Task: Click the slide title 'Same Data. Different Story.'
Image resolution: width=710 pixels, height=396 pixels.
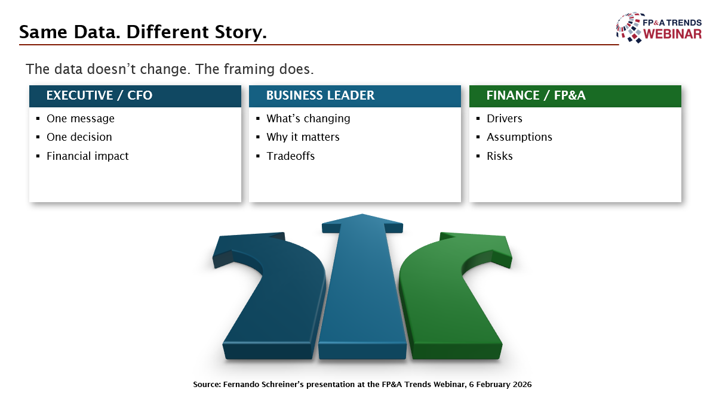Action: point(143,32)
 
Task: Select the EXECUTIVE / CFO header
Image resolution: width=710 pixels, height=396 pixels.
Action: point(99,95)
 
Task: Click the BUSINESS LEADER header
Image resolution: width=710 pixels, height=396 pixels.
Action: point(320,95)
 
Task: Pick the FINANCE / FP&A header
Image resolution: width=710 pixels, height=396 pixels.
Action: point(536,95)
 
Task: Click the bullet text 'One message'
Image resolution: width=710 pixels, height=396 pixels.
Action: point(80,119)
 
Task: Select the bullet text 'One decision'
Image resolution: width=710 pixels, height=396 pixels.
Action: point(79,137)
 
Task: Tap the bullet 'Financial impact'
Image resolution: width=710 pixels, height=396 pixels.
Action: point(87,156)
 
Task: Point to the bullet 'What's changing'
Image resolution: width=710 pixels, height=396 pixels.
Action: point(308,119)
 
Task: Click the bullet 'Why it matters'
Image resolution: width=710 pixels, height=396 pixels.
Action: point(303,137)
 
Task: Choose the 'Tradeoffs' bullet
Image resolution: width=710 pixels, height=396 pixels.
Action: point(290,156)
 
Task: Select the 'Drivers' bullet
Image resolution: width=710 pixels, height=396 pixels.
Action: point(504,119)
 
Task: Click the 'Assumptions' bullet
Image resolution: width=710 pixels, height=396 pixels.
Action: point(519,137)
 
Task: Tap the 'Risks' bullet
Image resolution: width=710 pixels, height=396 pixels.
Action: point(499,156)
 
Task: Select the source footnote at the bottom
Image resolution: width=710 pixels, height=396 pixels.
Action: point(362,385)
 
